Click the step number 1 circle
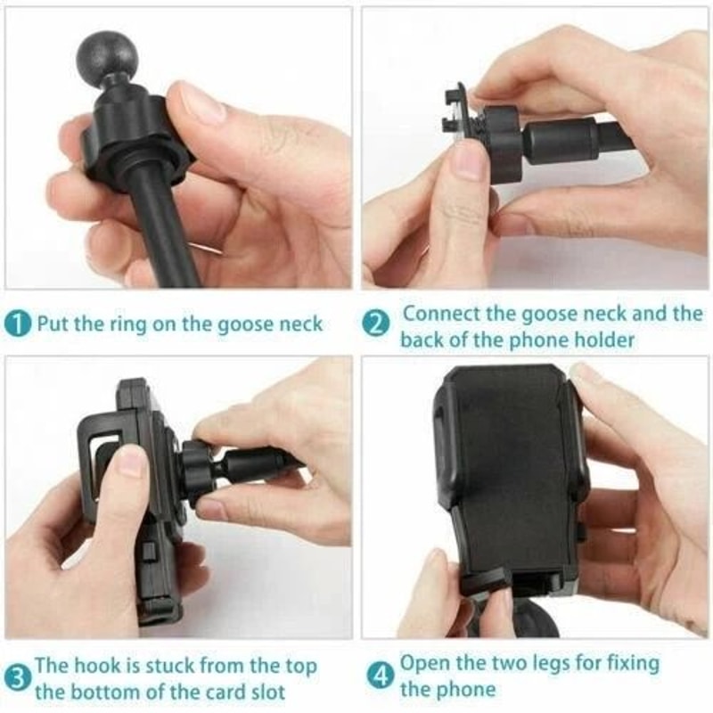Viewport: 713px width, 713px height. coord(19,323)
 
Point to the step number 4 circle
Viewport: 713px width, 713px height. coord(381,676)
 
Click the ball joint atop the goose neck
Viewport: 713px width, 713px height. coord(107,55)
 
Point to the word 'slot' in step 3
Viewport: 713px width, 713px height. coord(265,692)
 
